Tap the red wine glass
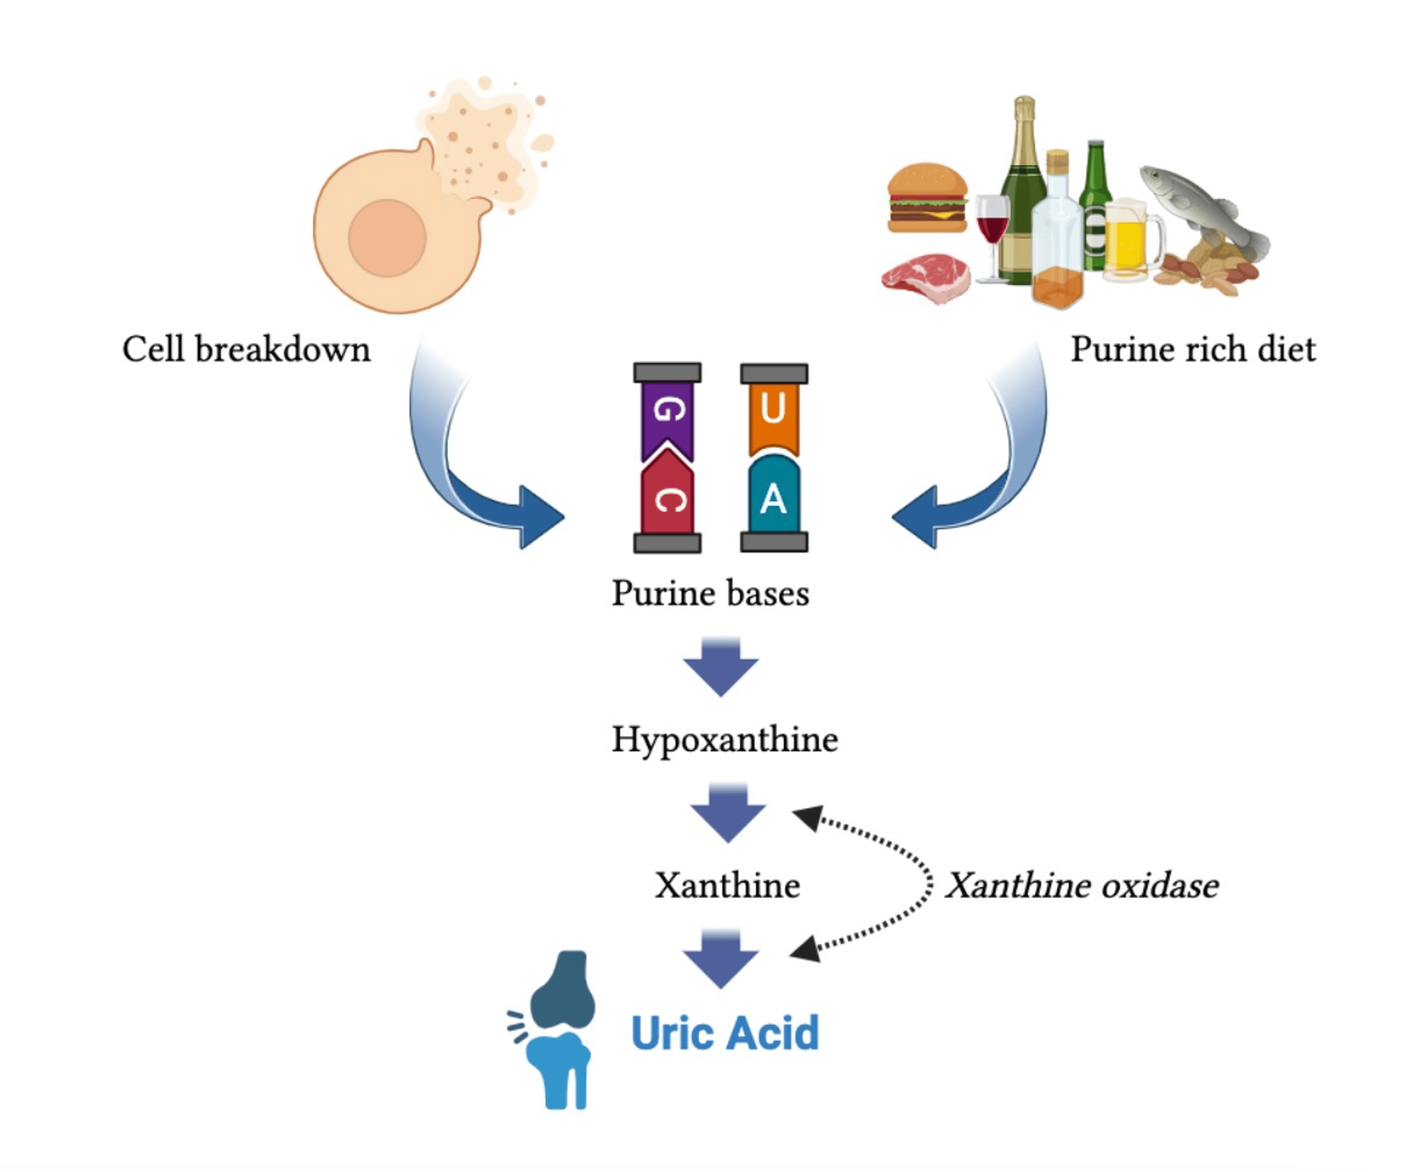(992, 222)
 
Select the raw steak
(926, 277)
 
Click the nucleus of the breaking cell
(387, 238)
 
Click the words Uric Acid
(725, 1032)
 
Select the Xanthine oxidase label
(1082, 885)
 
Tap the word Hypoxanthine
(725, 740)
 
